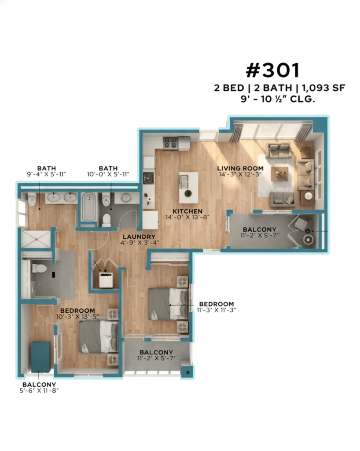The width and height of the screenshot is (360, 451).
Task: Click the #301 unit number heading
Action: click(273, 71)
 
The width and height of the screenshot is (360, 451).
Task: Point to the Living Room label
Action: click(240, 168)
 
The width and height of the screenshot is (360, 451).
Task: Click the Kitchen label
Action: click(187, 211)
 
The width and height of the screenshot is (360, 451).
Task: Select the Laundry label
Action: click(139, 237)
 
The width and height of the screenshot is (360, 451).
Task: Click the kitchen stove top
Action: click(170, 143)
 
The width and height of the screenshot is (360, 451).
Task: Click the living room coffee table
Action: click(279, 174)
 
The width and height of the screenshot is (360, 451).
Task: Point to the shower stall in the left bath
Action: click(36, 239)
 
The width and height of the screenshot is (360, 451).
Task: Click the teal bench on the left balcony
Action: click(40, 357)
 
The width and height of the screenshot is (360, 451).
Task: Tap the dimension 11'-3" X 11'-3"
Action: click(217, 310)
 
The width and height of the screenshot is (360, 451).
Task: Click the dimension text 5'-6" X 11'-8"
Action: click(39, 391)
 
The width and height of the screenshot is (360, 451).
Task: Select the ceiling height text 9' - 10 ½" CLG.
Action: click(278, 99)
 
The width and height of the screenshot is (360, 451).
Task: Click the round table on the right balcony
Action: click(308, 239)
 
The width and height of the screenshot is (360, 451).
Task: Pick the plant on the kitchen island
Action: click(188, 193)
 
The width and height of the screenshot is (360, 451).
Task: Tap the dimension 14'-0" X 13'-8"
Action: click(187, 217)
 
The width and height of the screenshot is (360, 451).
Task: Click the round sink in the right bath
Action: click(126, 198)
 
